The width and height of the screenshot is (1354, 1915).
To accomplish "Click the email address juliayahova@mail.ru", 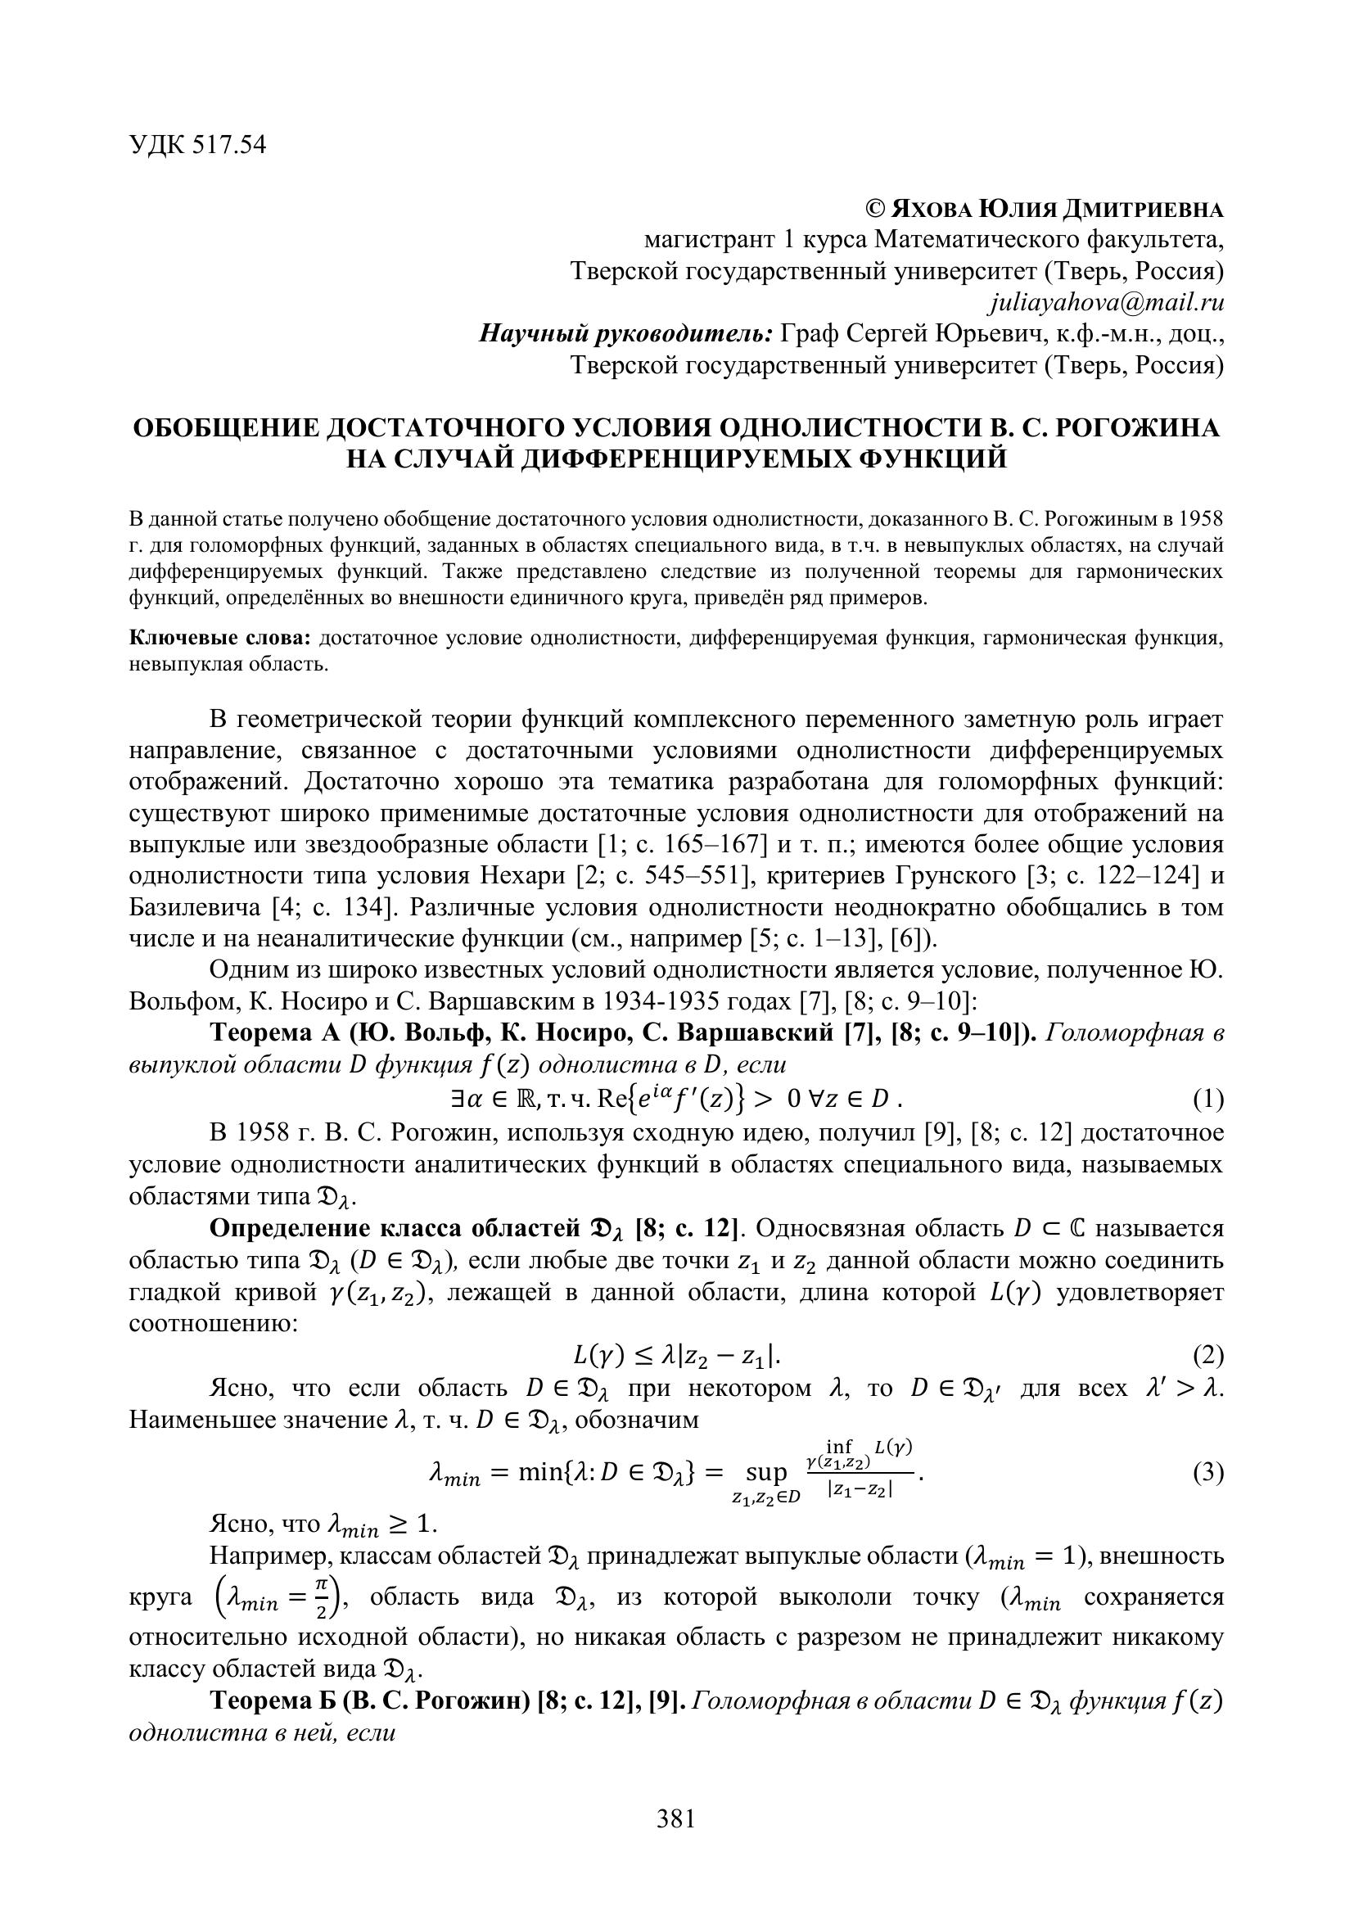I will pyautogui.click(x=1105, y=302).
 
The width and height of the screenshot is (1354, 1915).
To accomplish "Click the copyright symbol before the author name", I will pyautogui.click(x=874, y=209).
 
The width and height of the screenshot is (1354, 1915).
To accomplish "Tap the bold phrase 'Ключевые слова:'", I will pyautogui.click(x=220, y=638).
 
